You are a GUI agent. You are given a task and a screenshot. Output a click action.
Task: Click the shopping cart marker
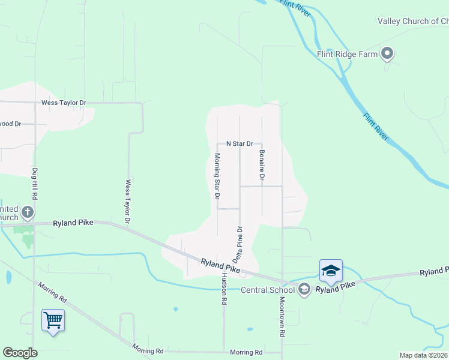(53, 320)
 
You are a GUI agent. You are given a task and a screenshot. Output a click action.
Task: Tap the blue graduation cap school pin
(331, 271)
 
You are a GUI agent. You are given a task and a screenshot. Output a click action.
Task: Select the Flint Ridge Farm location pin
(387, 54)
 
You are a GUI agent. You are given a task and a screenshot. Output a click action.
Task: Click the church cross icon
(27, 212)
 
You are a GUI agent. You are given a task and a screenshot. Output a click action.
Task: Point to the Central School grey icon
(304, 290)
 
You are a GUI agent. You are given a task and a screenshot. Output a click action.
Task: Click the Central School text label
(268, 290)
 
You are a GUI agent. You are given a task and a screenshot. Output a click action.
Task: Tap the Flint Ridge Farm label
(348, 54)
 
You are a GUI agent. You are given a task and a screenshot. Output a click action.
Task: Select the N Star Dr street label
(240, 144)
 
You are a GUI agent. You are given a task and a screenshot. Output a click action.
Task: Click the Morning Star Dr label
(217, 176)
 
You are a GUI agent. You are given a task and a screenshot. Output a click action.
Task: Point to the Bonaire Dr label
(262, 165)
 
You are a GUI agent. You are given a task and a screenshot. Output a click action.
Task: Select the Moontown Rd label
(282, 316)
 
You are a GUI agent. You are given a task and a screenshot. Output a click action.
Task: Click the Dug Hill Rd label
(35, 184)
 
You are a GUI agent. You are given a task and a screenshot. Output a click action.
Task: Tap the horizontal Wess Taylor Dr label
(64, 103)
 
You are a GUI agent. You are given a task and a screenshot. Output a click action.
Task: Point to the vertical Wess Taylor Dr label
(128, 202)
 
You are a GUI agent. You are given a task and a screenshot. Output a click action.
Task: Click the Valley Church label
(412, 21)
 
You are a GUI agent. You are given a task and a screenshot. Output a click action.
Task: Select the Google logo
(20, 353)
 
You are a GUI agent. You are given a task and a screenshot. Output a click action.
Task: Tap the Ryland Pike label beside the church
(73, 223)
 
